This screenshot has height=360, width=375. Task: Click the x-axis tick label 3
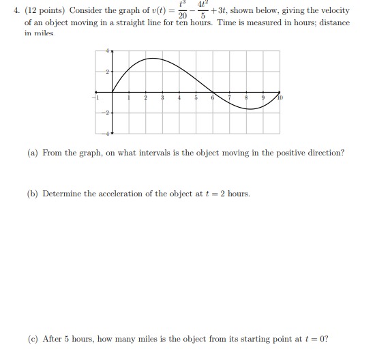point(162,100)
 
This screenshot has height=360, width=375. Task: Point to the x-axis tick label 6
point(213,100)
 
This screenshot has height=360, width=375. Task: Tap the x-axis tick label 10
point(280,98)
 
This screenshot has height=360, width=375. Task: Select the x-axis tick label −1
point(96,99)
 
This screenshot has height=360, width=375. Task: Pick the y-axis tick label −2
point(106,115)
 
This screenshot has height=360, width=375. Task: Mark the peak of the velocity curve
point(153,59)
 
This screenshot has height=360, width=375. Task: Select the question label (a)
point(33,153)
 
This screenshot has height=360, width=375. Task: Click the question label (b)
point(33,194)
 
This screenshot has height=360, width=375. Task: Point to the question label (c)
point(33,339)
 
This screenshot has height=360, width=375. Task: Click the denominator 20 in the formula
point(181,16)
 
